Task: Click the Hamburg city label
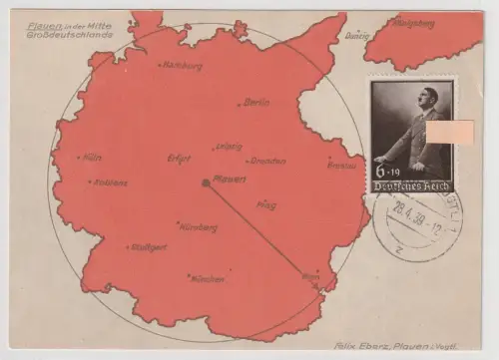183,67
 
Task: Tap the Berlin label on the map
257,102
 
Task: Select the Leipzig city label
228,146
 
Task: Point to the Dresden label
267,161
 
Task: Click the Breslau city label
342,165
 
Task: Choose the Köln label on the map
93,157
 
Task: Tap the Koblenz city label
112,182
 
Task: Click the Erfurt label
180,158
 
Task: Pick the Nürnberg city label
199,227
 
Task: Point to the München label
207,278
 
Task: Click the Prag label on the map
265,205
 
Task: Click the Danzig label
357,35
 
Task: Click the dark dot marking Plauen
206,182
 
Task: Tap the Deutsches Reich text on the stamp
412,186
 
